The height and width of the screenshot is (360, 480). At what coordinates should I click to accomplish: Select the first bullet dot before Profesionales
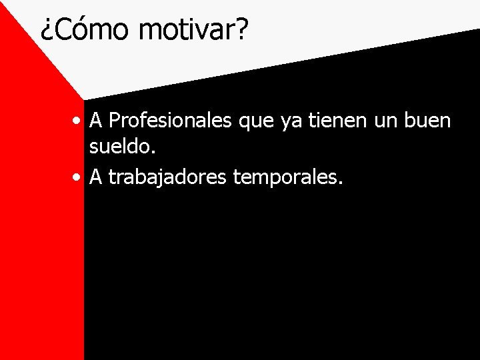click(79, 121)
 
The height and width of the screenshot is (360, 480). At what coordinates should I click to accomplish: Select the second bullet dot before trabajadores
click(79, 177)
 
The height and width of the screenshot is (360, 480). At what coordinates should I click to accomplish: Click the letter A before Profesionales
click(96, 121)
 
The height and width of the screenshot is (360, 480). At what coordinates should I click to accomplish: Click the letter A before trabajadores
click(96, 177)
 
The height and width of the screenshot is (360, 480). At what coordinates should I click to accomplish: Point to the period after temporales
click(340, 183)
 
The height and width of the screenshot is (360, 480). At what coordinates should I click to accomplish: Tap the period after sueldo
click(153, 154)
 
